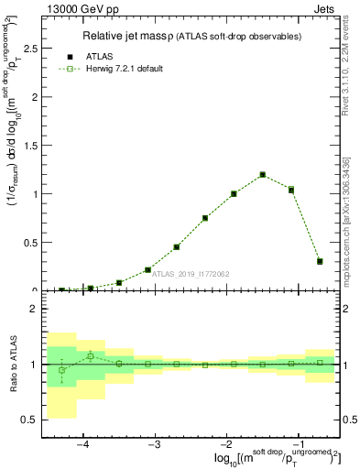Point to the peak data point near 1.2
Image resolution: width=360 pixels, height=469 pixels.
coord(262,174)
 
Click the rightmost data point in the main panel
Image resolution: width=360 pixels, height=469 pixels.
coord(320,261)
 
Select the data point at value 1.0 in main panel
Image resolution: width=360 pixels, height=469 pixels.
coord(234,193)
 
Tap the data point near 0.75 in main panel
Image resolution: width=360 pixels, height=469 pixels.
coord(205,218)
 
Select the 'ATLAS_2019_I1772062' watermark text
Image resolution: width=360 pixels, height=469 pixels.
coord(191,273)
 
